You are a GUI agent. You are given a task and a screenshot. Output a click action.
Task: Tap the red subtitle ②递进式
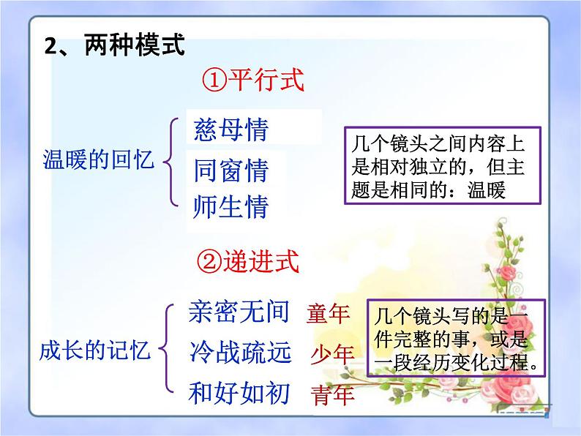[247, 260]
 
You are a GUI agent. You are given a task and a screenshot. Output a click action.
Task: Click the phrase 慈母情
[231, 131]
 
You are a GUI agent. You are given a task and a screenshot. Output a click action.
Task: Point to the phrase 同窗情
[231, 170]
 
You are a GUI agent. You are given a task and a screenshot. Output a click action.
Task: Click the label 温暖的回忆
[100, 159]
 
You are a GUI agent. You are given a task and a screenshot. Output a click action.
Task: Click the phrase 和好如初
[239, 392]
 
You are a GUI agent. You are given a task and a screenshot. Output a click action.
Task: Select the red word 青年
[332, 395]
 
